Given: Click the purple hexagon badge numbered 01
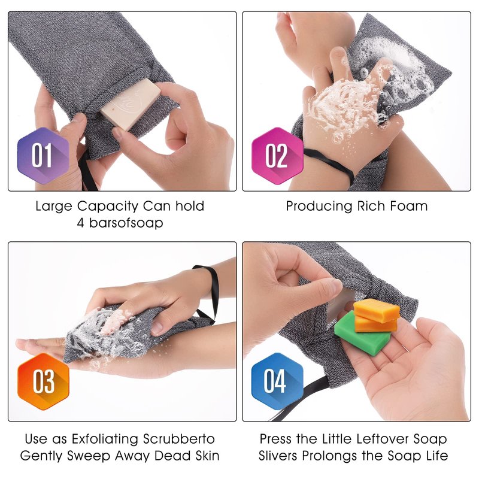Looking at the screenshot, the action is [43, 156].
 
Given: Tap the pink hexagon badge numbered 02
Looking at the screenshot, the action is [277, 156].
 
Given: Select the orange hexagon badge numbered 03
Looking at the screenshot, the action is [43, 381].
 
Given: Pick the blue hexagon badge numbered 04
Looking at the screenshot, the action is [277, 381].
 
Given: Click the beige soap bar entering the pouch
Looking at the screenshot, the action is [131, 102].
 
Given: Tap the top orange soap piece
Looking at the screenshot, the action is [377, 310].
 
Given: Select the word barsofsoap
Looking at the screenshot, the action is [126, 223].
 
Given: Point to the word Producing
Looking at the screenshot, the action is [319, 207].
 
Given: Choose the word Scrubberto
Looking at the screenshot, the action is [179, 439].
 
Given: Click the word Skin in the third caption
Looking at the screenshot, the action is [207, 456].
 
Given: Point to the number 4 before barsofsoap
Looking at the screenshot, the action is [81, 223].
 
